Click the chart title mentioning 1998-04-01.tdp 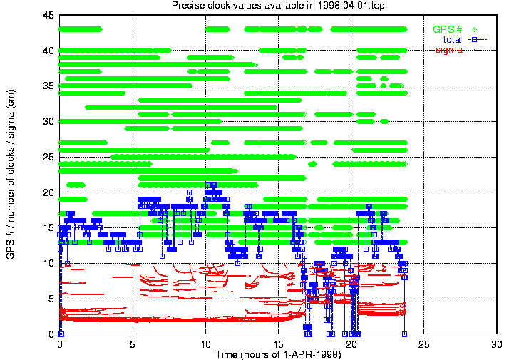(278, 5)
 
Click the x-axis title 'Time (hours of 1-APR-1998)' (278, 354)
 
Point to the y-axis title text (11, 175)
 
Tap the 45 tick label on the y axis (48, 15)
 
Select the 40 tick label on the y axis (48, 51)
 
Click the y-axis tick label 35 (48, 86)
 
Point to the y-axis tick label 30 (48, 122)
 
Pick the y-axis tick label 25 (48, 157)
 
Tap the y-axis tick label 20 (48, 192)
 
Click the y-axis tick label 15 (48, 228)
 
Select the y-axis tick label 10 (48, 263)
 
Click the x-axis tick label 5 (133, 344)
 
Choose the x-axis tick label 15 (278, 344)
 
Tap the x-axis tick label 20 (351, 344)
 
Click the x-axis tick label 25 (424, 344)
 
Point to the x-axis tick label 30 (497, 344)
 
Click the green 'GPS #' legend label (448, 29)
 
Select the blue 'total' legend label (453, 40)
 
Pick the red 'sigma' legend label (448, 50)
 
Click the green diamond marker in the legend (474, 29)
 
